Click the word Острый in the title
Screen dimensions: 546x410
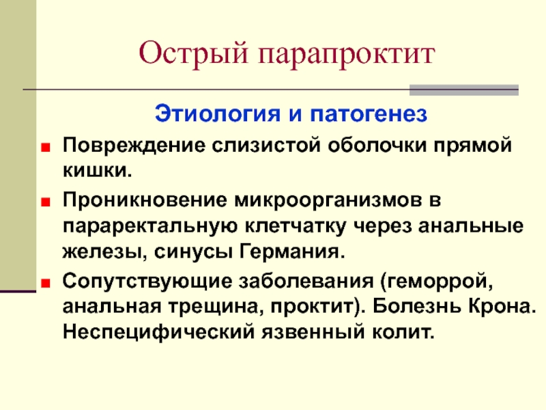[x=193, y=53]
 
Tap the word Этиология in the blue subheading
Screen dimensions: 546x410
[x=218, y=113]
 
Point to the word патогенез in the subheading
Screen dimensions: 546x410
[x=369, y=114]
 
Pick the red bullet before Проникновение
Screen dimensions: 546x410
[x=46, y=202]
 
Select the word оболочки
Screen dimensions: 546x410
[x=377, y=146]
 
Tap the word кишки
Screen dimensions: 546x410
[x=98, y=170]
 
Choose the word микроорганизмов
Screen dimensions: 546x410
[x=328, y=200]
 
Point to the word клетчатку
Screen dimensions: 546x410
[x=296, y=226]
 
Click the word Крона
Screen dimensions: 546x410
[x=502, y=306]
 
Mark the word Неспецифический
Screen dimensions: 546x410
[x=159, y=331]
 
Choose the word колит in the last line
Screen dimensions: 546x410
[x=403, y=332]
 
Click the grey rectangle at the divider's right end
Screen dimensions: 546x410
[x=464, y=90]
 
